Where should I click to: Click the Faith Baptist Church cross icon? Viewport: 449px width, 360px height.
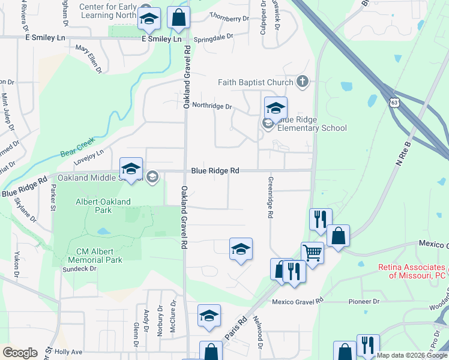(x=303, y=82)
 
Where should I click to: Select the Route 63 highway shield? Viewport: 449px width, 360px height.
(x=394, y=103)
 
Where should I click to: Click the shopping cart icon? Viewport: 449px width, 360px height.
(x=312, y=253)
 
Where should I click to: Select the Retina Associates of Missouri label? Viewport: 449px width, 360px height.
(x=412, y=271)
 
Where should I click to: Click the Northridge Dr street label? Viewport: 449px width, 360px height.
(x=212, y=106)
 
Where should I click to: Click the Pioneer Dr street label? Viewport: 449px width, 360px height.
(x=360, y=301)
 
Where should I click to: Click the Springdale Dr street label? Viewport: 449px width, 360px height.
(x=217, y=37)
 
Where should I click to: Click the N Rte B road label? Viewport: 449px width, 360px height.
(x=406, y=155)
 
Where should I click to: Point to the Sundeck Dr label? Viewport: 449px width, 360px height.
(x=80, y=269)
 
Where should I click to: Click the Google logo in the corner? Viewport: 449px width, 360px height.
(x=20, y=353)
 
